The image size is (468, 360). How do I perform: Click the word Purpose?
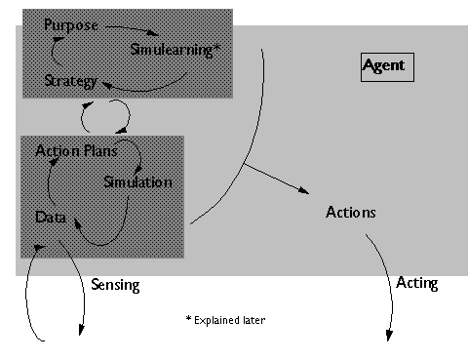[x=71, y=25]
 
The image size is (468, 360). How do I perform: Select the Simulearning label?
[x=172, y=50]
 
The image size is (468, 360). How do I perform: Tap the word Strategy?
[x=70, y=81]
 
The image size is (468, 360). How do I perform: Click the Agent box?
[x=387, y=67]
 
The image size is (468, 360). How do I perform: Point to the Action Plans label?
[x=76, y=151]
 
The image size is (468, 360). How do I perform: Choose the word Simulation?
[x=137, y=182]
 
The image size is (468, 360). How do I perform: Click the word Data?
[x=51, y=218]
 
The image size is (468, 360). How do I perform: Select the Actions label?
[x=351, y=213]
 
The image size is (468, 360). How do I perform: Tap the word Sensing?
[x=115, y=285]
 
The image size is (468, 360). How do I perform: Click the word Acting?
[x=417, y=283]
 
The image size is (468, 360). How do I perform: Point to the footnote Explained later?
[x=230, y=320]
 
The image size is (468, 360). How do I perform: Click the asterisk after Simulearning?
[x=217, y=49]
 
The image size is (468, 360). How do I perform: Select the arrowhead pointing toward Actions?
[x=303, y=190]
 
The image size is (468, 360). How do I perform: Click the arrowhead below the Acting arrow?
[x=389, y=336]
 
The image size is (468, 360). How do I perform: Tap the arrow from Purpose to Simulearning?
[x=133, y=28]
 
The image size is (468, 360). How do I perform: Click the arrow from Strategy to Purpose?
[x=54, y=51]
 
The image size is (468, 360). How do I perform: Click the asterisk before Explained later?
[x=188, y=318]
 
